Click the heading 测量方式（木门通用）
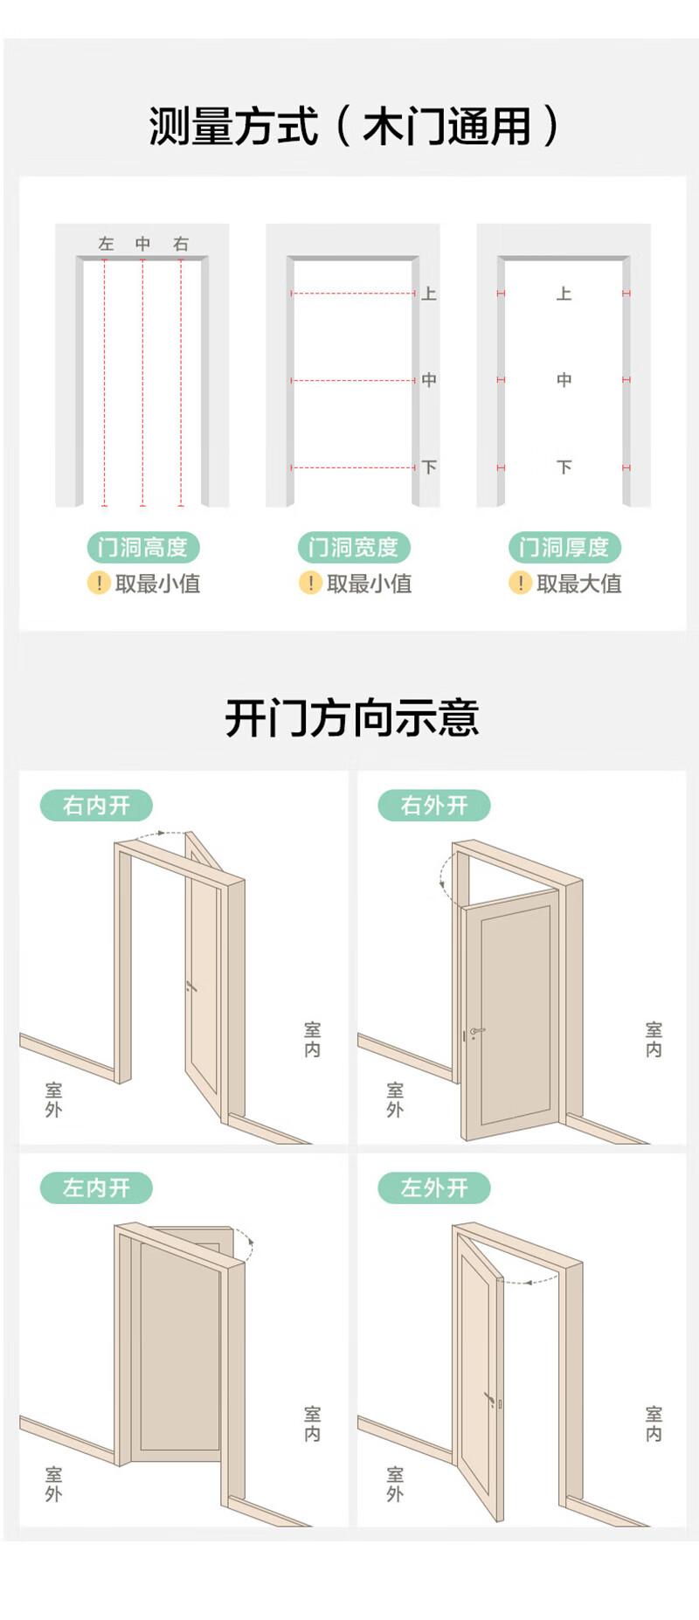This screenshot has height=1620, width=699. tap(353, 127)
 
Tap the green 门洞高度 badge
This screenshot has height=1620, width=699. tap(143, 548)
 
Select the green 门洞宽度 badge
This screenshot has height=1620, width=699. tap(354, 548)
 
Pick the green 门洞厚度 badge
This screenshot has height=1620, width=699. tap(564, 548)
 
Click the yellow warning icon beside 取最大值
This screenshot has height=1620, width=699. tap(520, 583)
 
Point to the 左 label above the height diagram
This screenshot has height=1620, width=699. tap(106, 244)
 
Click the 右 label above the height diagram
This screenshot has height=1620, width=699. tap(181, 244)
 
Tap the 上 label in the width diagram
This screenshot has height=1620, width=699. tap(428, 294)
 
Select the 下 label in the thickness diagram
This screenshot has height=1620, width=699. tap(564, 467)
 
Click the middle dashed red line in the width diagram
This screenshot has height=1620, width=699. tap(353, 380)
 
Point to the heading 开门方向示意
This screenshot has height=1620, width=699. tap(352, 718)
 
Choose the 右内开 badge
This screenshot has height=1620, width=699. tap(96, 805)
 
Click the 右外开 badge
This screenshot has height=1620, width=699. tap(434, 805)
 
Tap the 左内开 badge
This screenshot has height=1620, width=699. tap(96, 1187)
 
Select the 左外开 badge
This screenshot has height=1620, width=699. tap(434, 1187)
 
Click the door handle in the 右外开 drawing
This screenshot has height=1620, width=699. tap(475, 1032)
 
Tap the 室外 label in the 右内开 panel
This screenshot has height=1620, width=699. tap(53, 1099)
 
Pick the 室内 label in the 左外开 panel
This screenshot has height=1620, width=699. tap(654, 1423)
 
